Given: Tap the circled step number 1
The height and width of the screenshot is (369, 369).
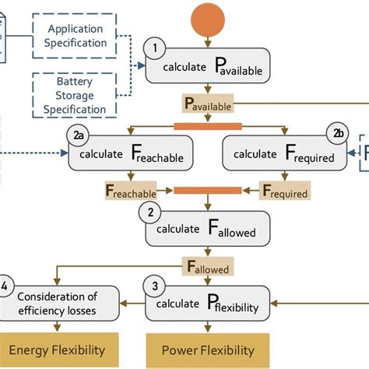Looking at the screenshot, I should tap(154, 48).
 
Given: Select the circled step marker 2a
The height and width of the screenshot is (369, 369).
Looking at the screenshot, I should tap(79, 135).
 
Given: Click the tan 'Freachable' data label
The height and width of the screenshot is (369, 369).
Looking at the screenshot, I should tap(130, 189).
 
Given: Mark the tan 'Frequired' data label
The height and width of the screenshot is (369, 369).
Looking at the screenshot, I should tap(285, 191).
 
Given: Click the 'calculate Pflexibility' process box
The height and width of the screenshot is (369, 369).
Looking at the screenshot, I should tap(209, 304).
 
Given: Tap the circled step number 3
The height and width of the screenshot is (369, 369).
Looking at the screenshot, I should tap(154, 286).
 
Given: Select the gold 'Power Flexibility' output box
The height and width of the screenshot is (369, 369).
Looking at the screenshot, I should tap(211, 350).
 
